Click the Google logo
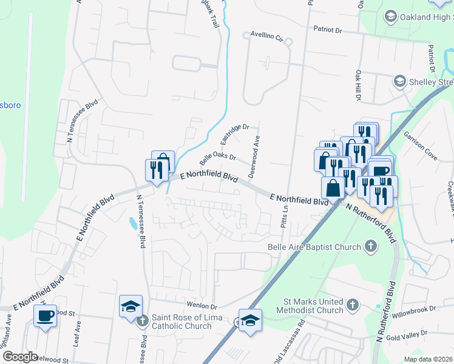click(20, 357)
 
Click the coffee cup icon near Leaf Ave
click(46, 316)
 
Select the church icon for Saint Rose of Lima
click(142, 321)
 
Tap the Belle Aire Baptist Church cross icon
click(370, 247)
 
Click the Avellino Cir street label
click(267, 36)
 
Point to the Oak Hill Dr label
click(357, 85)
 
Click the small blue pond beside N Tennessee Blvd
click(132, 223)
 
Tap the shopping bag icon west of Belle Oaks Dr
click(163, 161)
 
